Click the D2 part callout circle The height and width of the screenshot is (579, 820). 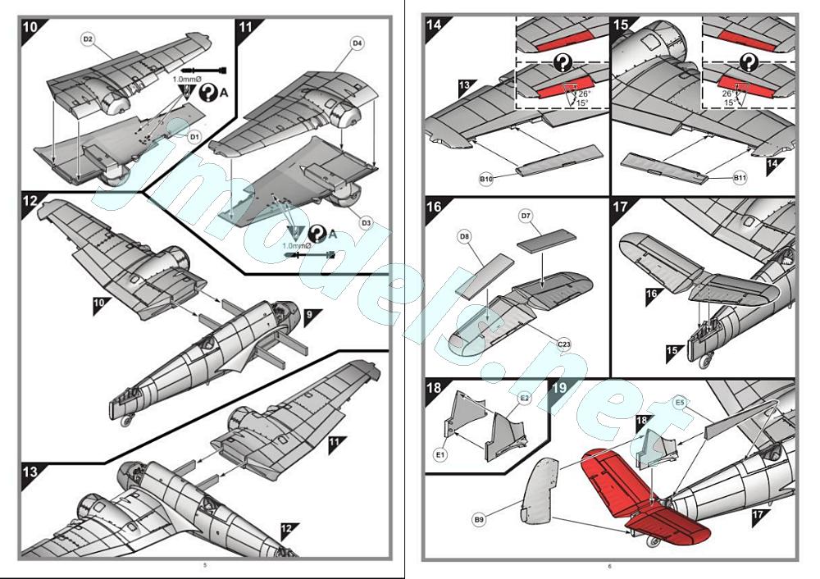pyautogui.click(x=88, y=39)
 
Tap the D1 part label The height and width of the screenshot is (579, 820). pyautogui.click(x=194, y=137)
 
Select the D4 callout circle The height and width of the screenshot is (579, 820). pyautogui.click(x=357, y=43)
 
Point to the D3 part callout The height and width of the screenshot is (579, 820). pyautogui.click(x=367, y=222)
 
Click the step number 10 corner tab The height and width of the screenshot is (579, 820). pyautogui.click(x=30, y=25)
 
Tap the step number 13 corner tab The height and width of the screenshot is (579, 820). pyautogui.click(x=30, y=473)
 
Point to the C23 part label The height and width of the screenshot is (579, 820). pyautogui.click(x=564, y=345)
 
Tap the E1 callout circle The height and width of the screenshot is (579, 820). pyautogui.click(x=440, y=454)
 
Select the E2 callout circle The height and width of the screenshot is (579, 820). pyautogui.click(x=525, y=397)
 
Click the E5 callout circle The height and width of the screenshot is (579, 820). pyautogui.click(x=680, y=403)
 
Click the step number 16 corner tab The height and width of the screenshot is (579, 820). pyautogui.click(x=435, y=207)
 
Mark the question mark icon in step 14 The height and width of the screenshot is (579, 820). pyautogui.click(x=563, y=62)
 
